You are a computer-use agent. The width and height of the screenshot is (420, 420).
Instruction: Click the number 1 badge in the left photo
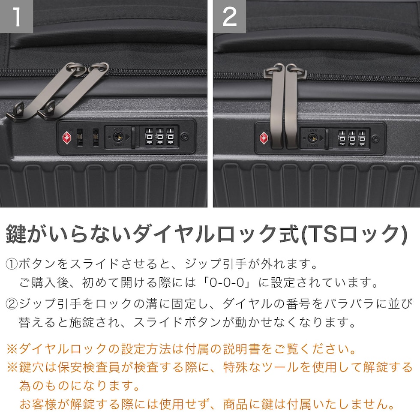pos(16,16)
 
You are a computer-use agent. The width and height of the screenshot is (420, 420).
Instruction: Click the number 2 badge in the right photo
pos(230,16)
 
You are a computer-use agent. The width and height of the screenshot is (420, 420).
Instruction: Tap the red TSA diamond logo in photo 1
pos(67,138)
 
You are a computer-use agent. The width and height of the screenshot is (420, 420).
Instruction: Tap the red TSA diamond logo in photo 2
pos(264,138)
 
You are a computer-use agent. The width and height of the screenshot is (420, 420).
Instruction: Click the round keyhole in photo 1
pos(117,137)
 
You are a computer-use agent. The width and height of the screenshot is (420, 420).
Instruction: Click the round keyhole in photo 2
pos(312,138)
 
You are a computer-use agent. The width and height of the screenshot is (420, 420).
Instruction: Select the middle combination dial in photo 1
pos(159,137)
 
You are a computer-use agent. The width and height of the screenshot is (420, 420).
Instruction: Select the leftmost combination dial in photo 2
pos(342,138)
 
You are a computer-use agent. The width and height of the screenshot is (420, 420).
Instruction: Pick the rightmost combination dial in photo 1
pos(171,137)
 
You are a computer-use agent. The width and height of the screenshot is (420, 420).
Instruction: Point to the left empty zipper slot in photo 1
pos(80,138)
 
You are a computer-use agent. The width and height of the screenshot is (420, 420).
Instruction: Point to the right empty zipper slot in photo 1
pos(96,138)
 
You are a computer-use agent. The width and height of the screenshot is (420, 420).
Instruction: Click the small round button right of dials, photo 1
pos(184,137)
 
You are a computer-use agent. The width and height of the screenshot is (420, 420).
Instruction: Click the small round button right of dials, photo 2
pos(375,139)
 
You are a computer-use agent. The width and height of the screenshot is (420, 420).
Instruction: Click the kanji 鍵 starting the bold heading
pos(16,234)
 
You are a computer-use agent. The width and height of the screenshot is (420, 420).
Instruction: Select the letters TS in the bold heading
pos(321,234)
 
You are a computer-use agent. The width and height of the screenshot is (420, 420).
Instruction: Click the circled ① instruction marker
pos(12,264)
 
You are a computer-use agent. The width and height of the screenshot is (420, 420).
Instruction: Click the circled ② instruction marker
pos(12,304)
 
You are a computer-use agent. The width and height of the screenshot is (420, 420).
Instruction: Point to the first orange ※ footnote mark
pos(12,349)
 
